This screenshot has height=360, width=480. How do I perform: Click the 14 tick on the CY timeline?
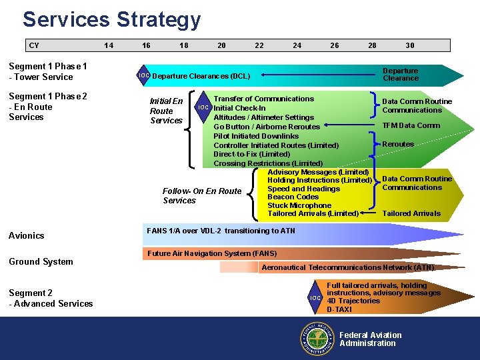[109, 45]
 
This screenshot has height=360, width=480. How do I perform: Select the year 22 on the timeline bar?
[259, 45]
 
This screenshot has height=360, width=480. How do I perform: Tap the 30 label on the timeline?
[410, 45]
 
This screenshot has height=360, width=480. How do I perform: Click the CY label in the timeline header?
[34, 45]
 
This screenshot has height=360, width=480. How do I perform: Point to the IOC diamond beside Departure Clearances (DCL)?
[144, 75]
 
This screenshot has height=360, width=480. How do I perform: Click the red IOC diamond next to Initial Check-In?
[204, 108]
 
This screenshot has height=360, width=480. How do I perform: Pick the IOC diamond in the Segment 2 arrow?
[317, 297]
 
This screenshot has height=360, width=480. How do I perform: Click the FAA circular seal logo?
[317, 339]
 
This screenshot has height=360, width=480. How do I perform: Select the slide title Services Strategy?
[111, 19]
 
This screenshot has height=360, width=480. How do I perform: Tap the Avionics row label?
[27, 235]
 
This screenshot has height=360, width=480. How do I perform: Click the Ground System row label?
[41, 261]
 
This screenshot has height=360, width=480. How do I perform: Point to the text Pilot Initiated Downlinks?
[256, 136]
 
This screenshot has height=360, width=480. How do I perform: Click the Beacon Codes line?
[293, 197]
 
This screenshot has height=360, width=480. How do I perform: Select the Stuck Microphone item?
[299, 205]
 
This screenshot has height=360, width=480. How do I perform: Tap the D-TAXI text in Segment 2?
[339, 309]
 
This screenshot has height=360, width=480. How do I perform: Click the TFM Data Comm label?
[411, 125]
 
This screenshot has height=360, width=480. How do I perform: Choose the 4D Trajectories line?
[353, 301]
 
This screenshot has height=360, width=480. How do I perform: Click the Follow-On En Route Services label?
[201, 195]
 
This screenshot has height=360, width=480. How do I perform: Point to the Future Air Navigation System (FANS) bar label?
[212, 253]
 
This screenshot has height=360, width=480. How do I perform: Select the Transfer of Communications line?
[263, 99]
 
